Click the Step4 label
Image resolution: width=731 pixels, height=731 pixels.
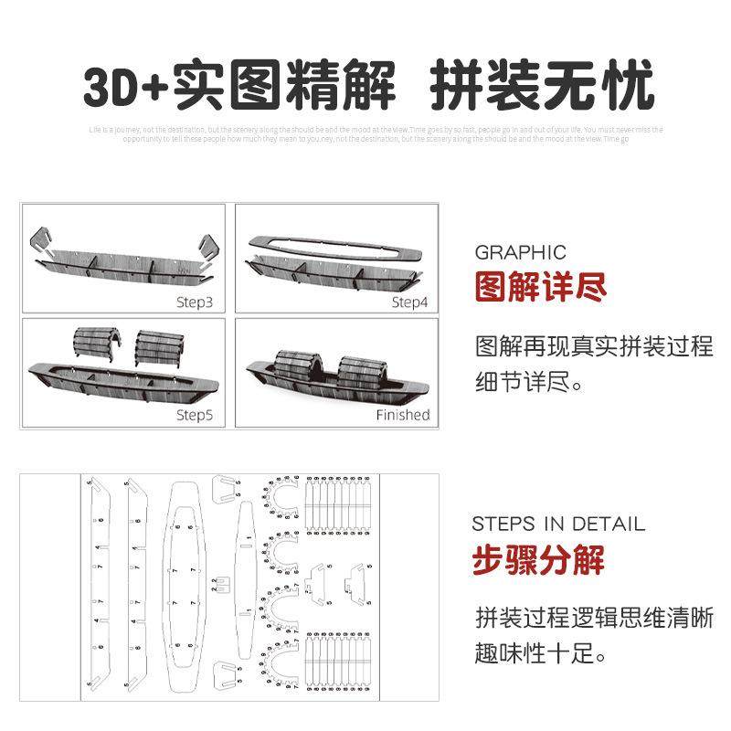408,302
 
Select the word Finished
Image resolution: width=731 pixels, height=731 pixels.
403,414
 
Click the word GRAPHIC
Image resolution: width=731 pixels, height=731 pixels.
520,253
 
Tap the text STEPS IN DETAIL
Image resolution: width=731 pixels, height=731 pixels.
558,524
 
